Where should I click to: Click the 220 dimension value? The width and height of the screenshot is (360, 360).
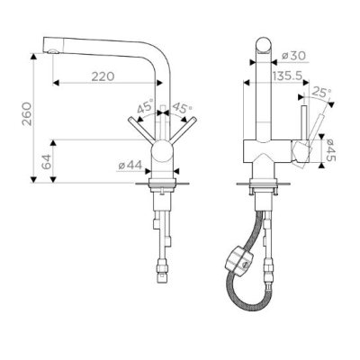click(103, 76)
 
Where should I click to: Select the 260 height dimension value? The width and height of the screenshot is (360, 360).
click(27, 114)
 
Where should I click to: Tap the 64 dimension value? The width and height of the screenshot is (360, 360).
click(46, 162)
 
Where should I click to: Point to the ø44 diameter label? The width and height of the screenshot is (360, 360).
click(130, 165)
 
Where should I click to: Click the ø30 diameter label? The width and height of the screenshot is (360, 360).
click(294, 56)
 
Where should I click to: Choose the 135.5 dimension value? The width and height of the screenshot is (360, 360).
click(287, 76)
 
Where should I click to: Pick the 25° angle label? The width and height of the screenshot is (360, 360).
click(321, 92)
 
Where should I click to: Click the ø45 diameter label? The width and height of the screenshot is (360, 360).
click(331, 150)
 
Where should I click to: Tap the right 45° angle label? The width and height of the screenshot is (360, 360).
click(182, 107)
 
